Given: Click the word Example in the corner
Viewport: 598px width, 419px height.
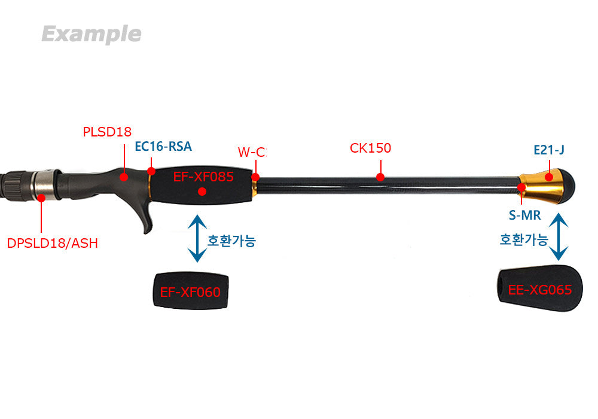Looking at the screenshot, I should tap(91, 34).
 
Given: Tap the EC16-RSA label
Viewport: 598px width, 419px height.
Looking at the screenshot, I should tap(163, 147).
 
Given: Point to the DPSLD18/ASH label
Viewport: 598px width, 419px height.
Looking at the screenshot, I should tap(52, 243).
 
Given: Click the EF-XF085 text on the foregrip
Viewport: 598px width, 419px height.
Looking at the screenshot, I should tap(203, 177).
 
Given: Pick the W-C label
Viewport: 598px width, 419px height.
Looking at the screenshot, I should tap(251, 151).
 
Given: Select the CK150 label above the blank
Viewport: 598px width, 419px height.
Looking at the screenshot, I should tap(370, 148).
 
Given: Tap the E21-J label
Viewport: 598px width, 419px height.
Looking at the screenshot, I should tap(548, 150).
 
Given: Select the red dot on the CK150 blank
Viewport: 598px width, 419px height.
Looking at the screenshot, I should tap(380, 177).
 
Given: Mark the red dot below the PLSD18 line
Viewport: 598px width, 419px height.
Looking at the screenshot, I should tap(124, 177).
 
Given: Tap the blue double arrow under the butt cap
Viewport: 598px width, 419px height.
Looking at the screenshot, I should tap(559, 238).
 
